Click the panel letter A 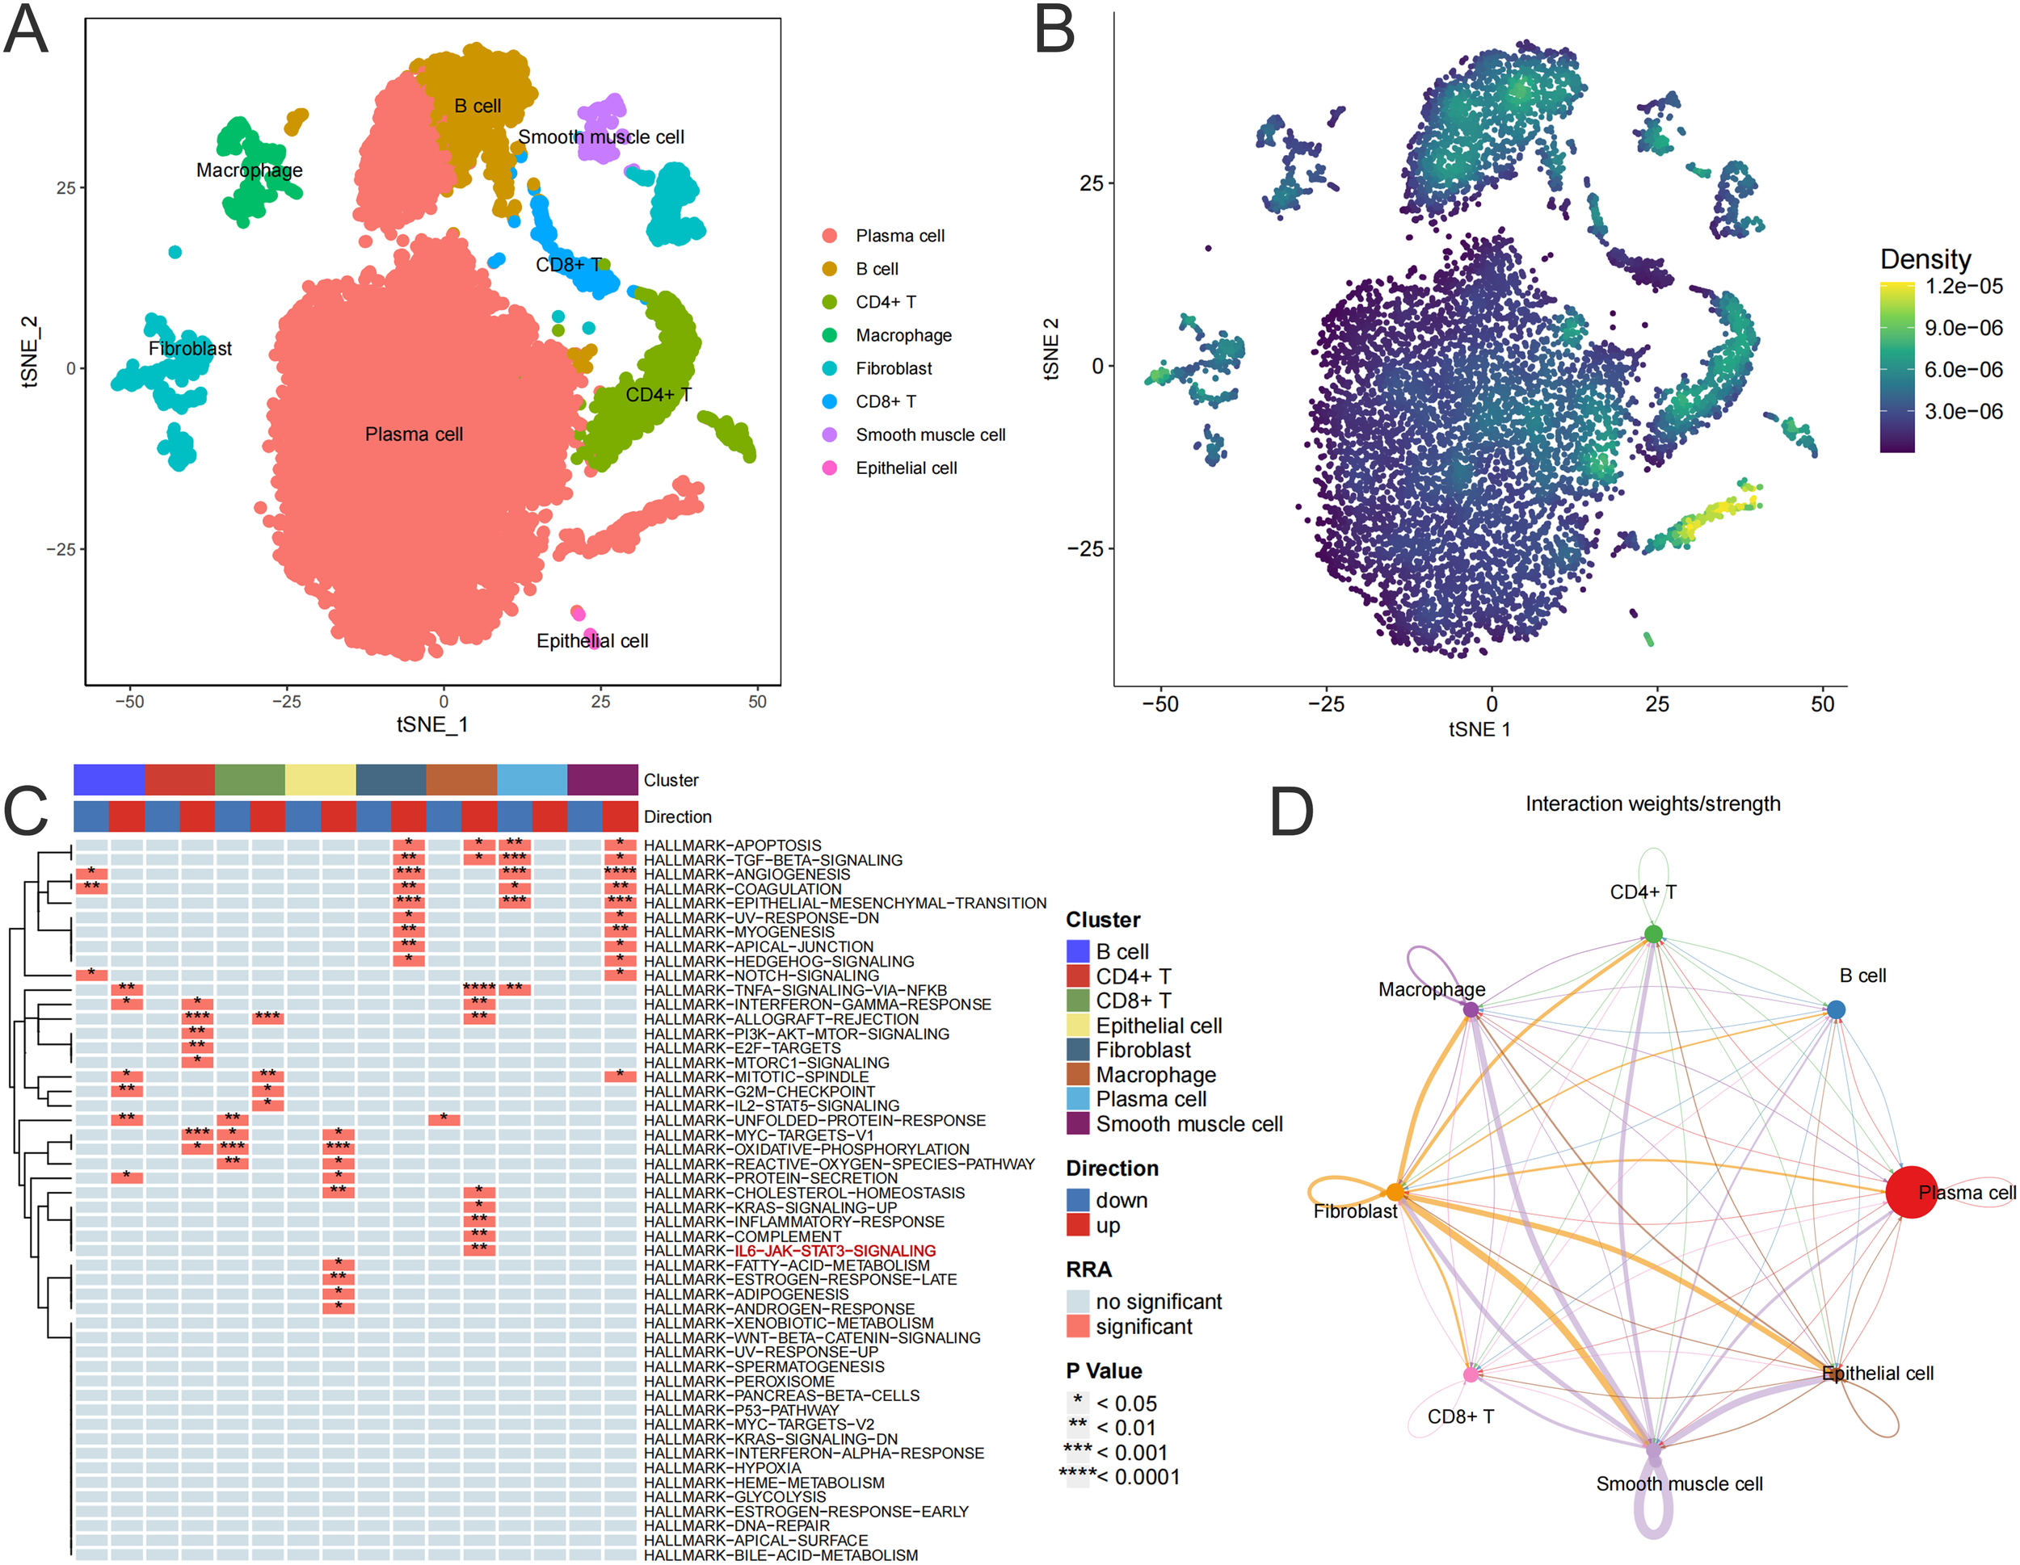26,30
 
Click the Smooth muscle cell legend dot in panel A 830,434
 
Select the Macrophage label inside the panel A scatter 249,170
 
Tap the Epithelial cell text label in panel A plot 592,640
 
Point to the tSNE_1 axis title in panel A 432,724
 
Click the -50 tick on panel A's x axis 129,702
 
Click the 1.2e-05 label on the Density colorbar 1963,287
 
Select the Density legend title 1925,259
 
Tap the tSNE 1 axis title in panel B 1479,729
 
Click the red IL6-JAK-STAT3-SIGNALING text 835,1251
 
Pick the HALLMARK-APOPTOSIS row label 731,845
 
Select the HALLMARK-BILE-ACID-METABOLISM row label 781,1555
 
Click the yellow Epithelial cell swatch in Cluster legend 1078,1025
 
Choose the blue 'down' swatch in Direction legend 1078,1200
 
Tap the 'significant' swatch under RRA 1078,1327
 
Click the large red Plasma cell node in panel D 1911,1193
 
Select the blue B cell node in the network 1836,1009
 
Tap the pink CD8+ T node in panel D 1471,1374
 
